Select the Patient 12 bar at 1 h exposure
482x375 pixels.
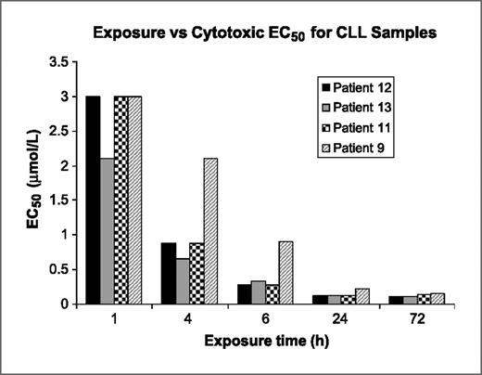[93, 200]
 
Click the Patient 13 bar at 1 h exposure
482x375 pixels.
[107, 231]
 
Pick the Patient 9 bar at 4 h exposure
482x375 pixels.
[211, 231]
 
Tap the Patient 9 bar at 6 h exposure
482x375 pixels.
[285, 272]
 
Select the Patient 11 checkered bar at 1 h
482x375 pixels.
[121, 200]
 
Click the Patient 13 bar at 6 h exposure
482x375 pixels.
[257, 291]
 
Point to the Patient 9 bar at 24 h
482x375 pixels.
[360, 296]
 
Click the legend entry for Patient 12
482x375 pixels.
[357, 87]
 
